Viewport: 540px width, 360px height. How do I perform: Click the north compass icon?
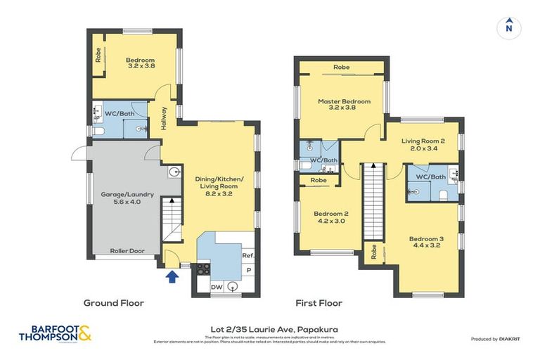click(508, 27)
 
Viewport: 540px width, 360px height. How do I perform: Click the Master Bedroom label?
click(343, 105)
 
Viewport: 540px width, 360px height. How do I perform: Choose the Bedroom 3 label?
click(426, 243)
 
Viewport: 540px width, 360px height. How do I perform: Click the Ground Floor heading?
click(113, 303)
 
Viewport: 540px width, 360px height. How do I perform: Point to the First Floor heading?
click(319, 303)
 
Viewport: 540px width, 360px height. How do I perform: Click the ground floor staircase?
click(172, 217)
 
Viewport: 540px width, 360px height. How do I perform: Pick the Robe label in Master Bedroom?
click(341, 67)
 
